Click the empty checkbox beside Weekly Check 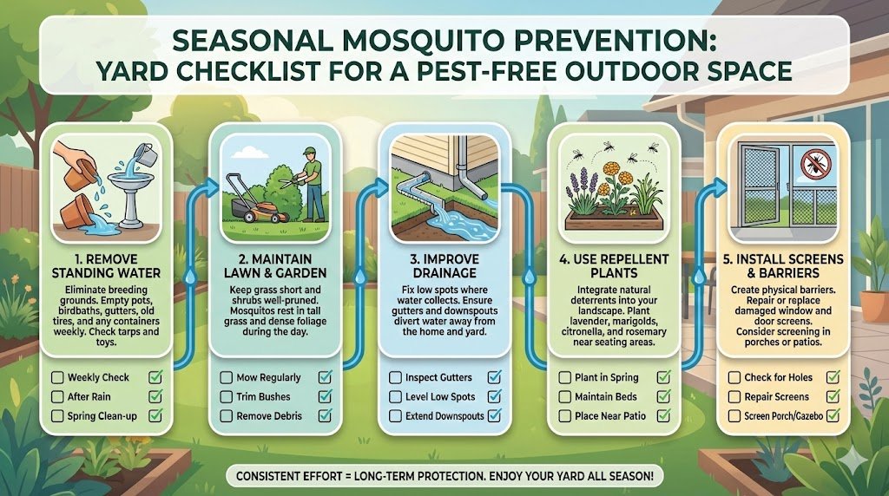pyautogui.click(x=57, y=377)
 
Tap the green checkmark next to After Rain pyautogui.click(x=157, y=396)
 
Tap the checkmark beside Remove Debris pyautogui.click(x=326, y=415)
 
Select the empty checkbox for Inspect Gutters pyautogui.click(x=395, y=377)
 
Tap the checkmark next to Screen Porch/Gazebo pyautogui.click(x=833, y=416)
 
